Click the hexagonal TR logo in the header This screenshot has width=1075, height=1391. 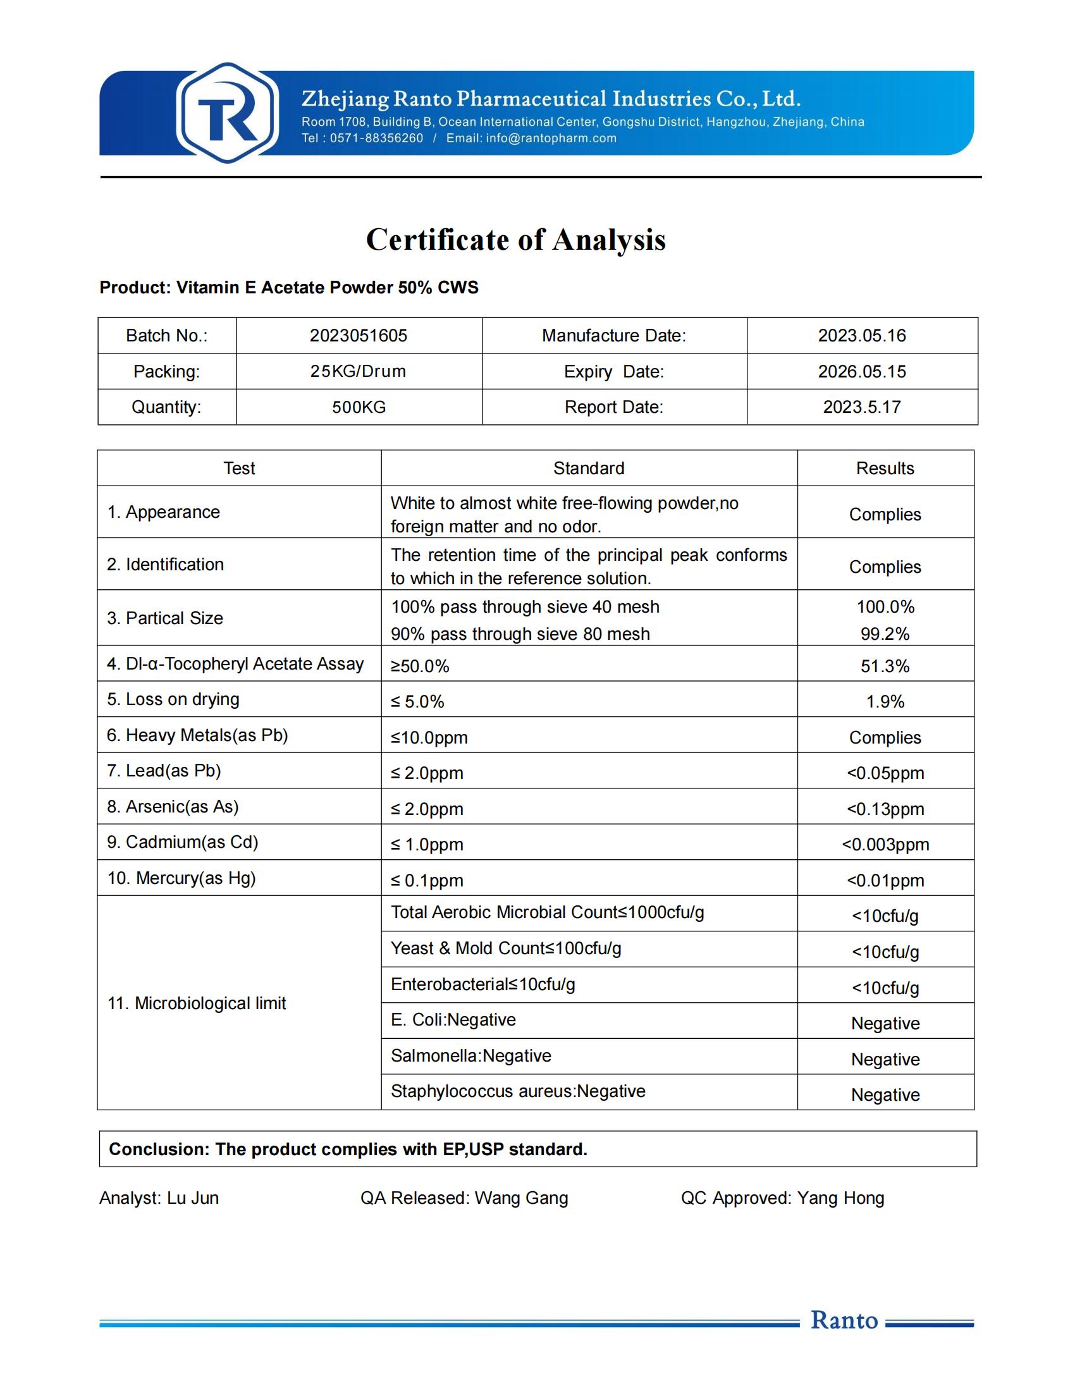click(228, 113)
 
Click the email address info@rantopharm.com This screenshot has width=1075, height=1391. click(551, 138)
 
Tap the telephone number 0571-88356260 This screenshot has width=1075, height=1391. click(376, 138)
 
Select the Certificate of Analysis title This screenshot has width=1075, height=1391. click(516, 240)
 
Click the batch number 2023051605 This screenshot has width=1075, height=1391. click(359, 336)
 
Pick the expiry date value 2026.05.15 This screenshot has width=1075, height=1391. click(862, 371)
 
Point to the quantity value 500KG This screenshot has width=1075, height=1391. click(359, 407)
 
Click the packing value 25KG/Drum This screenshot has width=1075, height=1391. click(358, 371)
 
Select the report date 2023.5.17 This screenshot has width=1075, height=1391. click(862, 407)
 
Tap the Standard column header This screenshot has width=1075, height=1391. click(589, 468)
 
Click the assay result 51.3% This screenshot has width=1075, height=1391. click(885, 666)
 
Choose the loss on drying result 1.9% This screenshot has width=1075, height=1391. click(885, 702)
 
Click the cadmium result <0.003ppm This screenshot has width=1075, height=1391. click(885, 845)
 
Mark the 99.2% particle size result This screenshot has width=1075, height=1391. click(885, 634)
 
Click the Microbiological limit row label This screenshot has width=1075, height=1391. click(197, 1004)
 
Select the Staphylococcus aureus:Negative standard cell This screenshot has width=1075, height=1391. click(518, 1092)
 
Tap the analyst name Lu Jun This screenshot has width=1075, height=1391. click(193, 1198)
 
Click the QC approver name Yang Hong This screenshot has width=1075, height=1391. click(840, 1198)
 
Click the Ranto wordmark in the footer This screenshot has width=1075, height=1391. click(844, 1320)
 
